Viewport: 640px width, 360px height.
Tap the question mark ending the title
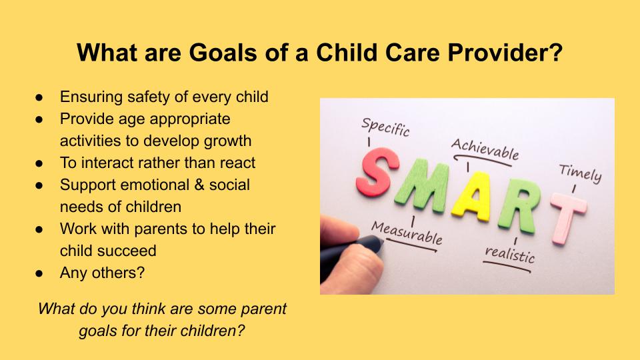click(556, 52)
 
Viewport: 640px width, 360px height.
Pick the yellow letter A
click(472, 196)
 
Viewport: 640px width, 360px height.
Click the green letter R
click(519, 206)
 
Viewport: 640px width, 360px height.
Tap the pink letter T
click(568, 217)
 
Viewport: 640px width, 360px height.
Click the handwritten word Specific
click(385, 127)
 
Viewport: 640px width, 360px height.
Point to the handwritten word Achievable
click(485, 149)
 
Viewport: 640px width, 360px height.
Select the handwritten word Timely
click(580, 173)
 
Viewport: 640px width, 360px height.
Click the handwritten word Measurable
click(407, 233)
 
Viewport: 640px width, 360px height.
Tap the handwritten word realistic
click(509, 254)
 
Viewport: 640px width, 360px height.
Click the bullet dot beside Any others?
click(39, 273)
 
